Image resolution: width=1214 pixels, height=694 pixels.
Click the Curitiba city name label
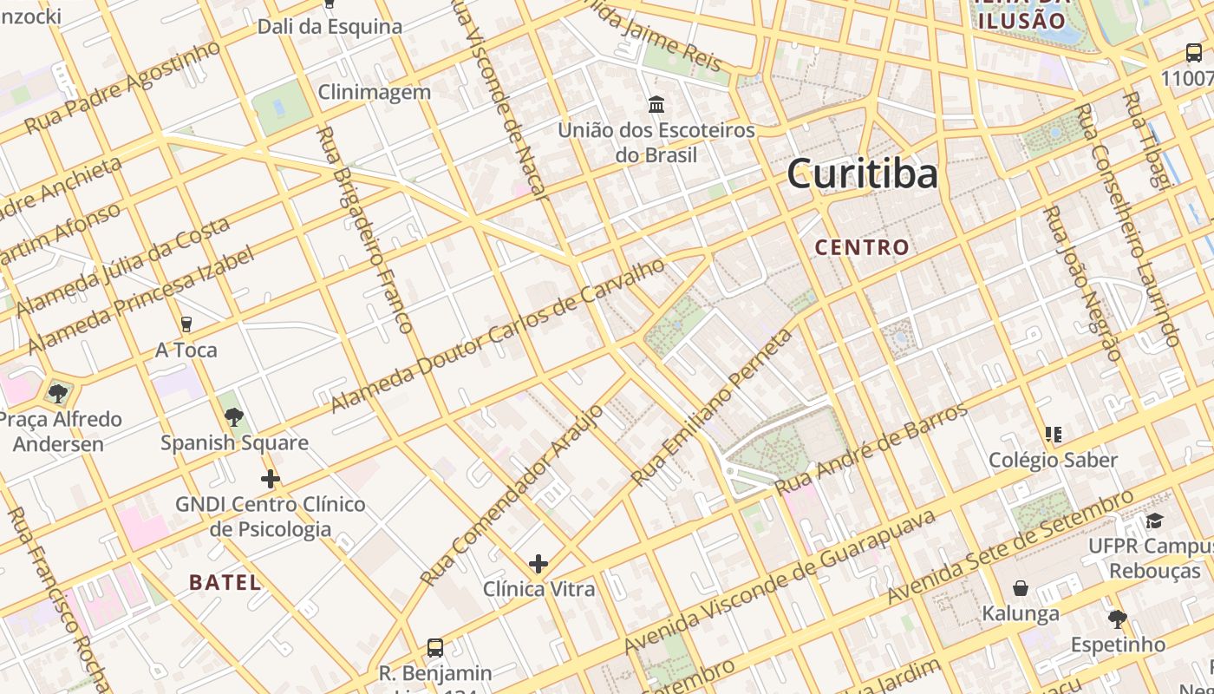(862, 173)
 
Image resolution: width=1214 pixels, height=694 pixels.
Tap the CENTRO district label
(862, 247)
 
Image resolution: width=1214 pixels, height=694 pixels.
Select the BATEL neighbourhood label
(225, 582)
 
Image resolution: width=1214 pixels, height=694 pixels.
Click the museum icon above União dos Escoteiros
(656, 105)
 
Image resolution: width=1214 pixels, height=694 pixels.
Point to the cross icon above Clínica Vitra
(538, 564)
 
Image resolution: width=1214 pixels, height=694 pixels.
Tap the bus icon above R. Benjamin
(435, 648)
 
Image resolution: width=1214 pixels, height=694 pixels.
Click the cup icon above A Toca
(186, 324)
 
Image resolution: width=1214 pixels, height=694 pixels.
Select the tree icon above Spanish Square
(233, 417)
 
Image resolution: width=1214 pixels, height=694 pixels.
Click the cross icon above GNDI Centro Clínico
(271, 479)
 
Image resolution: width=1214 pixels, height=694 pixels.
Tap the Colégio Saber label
(1053, 460)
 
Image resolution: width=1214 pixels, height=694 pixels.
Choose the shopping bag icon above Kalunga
(1021, 588)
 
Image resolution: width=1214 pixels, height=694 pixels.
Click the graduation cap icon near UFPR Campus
(1154, 520)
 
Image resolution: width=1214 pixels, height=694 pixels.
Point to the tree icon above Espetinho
(1118, 619)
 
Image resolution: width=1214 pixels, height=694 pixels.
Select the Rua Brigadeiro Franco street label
(364, 230)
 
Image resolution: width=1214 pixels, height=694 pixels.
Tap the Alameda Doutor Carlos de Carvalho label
(498, 335)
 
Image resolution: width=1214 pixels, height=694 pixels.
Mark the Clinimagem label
(374, 92)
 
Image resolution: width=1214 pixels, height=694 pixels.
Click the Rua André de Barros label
(871, 448)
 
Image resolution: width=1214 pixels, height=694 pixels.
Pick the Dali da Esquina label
(330, 27)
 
